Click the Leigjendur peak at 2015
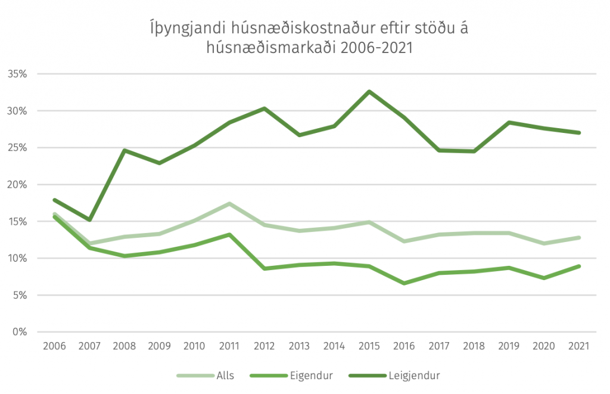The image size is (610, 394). [369, 91]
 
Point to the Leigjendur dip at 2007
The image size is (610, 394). [89, 220]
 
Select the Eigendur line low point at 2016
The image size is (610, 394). [404, 283]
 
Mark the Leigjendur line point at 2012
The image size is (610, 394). [264, 108]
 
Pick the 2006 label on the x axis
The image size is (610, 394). [54, 346]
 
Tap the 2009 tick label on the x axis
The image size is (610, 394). [159, 346]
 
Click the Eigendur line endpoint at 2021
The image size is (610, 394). [578, 266]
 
